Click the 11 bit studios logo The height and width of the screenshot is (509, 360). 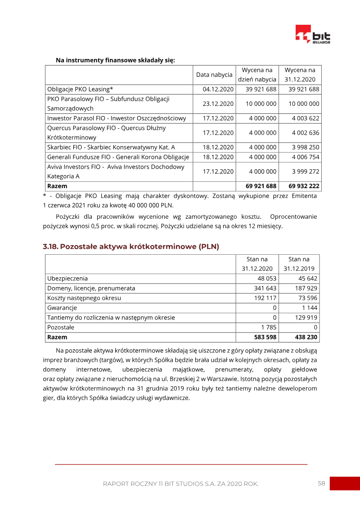(313, 35)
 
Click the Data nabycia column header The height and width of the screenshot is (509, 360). (214, 75)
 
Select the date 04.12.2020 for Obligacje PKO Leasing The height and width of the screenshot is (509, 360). (218, 89)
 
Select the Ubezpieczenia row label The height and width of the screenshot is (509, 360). (67, 279)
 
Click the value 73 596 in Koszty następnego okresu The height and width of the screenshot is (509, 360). (307, 298)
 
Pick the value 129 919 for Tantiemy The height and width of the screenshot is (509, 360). (305, 318)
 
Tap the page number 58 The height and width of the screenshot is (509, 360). (321, 483)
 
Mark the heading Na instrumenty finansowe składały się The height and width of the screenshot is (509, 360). (115, 60)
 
